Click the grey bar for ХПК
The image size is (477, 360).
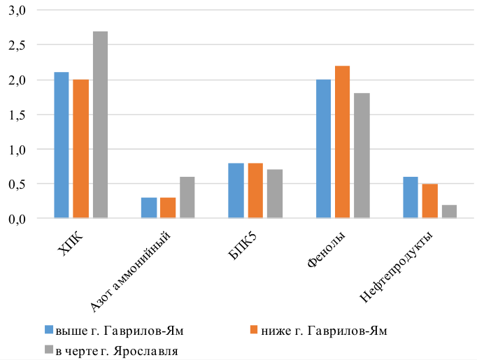tap(101, 125)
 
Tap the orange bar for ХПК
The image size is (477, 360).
tap(81, 149)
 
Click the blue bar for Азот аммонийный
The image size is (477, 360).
tap(149, 208)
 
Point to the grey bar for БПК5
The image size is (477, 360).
tap(274, 194)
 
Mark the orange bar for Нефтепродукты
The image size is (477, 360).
tap(429, 201)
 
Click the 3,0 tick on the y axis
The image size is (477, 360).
tap(17, 11)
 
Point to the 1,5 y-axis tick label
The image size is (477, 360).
tap(17, 115)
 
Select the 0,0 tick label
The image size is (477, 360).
tap(17, 219)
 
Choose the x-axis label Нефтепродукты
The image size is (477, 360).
tap(398, 269)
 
